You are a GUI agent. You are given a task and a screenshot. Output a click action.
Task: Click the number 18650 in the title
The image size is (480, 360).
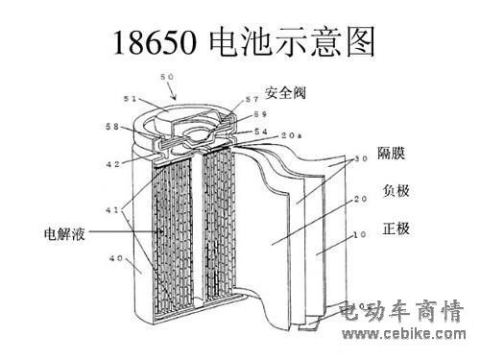pos(155,42)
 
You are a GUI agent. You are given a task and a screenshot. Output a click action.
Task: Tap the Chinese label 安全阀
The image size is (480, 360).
pos(285,93)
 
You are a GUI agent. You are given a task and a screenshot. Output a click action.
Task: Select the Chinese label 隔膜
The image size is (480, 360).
pos(391,153)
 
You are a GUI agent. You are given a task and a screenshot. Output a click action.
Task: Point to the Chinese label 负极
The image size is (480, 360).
pos(396,191)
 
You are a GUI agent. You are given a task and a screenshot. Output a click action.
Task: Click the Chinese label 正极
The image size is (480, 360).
pos(396,228)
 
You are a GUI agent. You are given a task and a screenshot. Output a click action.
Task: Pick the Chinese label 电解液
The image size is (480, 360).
pos(64,234)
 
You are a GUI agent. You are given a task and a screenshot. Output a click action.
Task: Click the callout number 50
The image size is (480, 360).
pos(167,77)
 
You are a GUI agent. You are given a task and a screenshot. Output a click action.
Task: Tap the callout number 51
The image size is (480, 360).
pos(130,99)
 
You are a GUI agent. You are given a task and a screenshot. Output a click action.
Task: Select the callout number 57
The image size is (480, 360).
pos(252,100)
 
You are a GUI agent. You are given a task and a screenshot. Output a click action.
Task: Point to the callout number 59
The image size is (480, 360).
pos(260,114)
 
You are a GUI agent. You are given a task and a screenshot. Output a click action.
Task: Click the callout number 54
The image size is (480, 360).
pos(261,132)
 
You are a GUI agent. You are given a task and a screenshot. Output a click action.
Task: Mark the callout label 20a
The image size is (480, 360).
pos(291,135)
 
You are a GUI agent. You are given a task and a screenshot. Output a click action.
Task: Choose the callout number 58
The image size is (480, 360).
pos(112,127)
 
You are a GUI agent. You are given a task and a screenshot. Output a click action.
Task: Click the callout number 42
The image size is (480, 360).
pos(112,164)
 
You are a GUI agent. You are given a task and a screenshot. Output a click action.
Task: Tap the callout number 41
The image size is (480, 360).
pos(112,210)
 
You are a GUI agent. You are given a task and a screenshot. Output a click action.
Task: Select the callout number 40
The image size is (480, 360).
pos(116,258)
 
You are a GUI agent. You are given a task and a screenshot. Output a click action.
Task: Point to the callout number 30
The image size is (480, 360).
pos(361,158)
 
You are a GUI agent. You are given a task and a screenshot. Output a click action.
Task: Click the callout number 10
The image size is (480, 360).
pos(359,234)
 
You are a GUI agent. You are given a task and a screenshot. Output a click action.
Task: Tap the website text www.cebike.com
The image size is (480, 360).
pos(404,334)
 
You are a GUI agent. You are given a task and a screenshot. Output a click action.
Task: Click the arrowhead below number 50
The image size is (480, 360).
pos(174,96)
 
